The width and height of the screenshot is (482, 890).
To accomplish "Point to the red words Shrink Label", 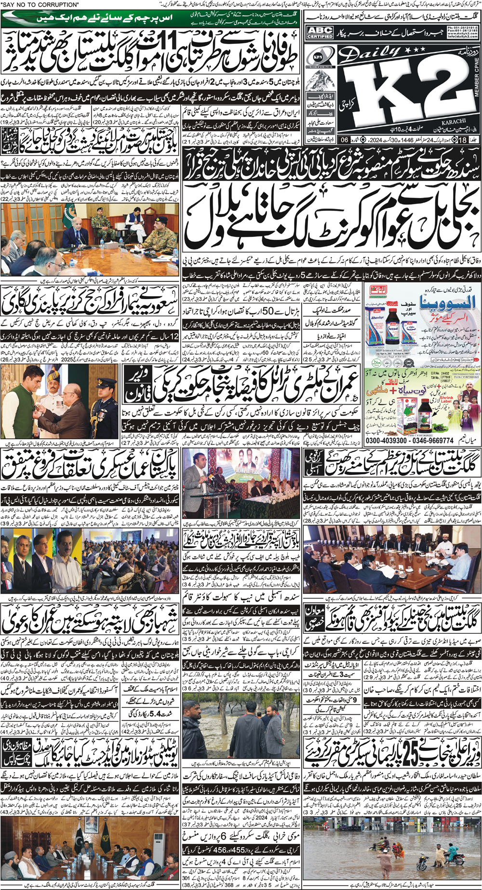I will click(x=446, y=399).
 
